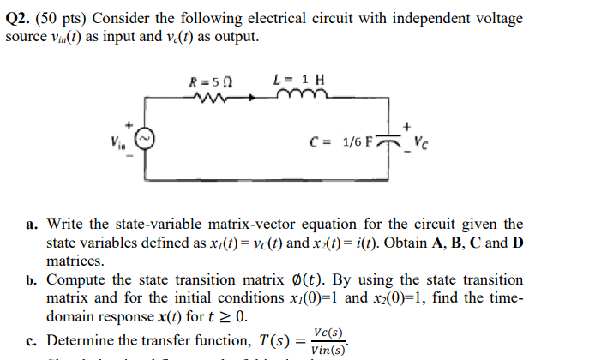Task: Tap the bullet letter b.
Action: [31, 280]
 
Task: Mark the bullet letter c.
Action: [31, 341]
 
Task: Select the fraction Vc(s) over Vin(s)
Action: [328, 340]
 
